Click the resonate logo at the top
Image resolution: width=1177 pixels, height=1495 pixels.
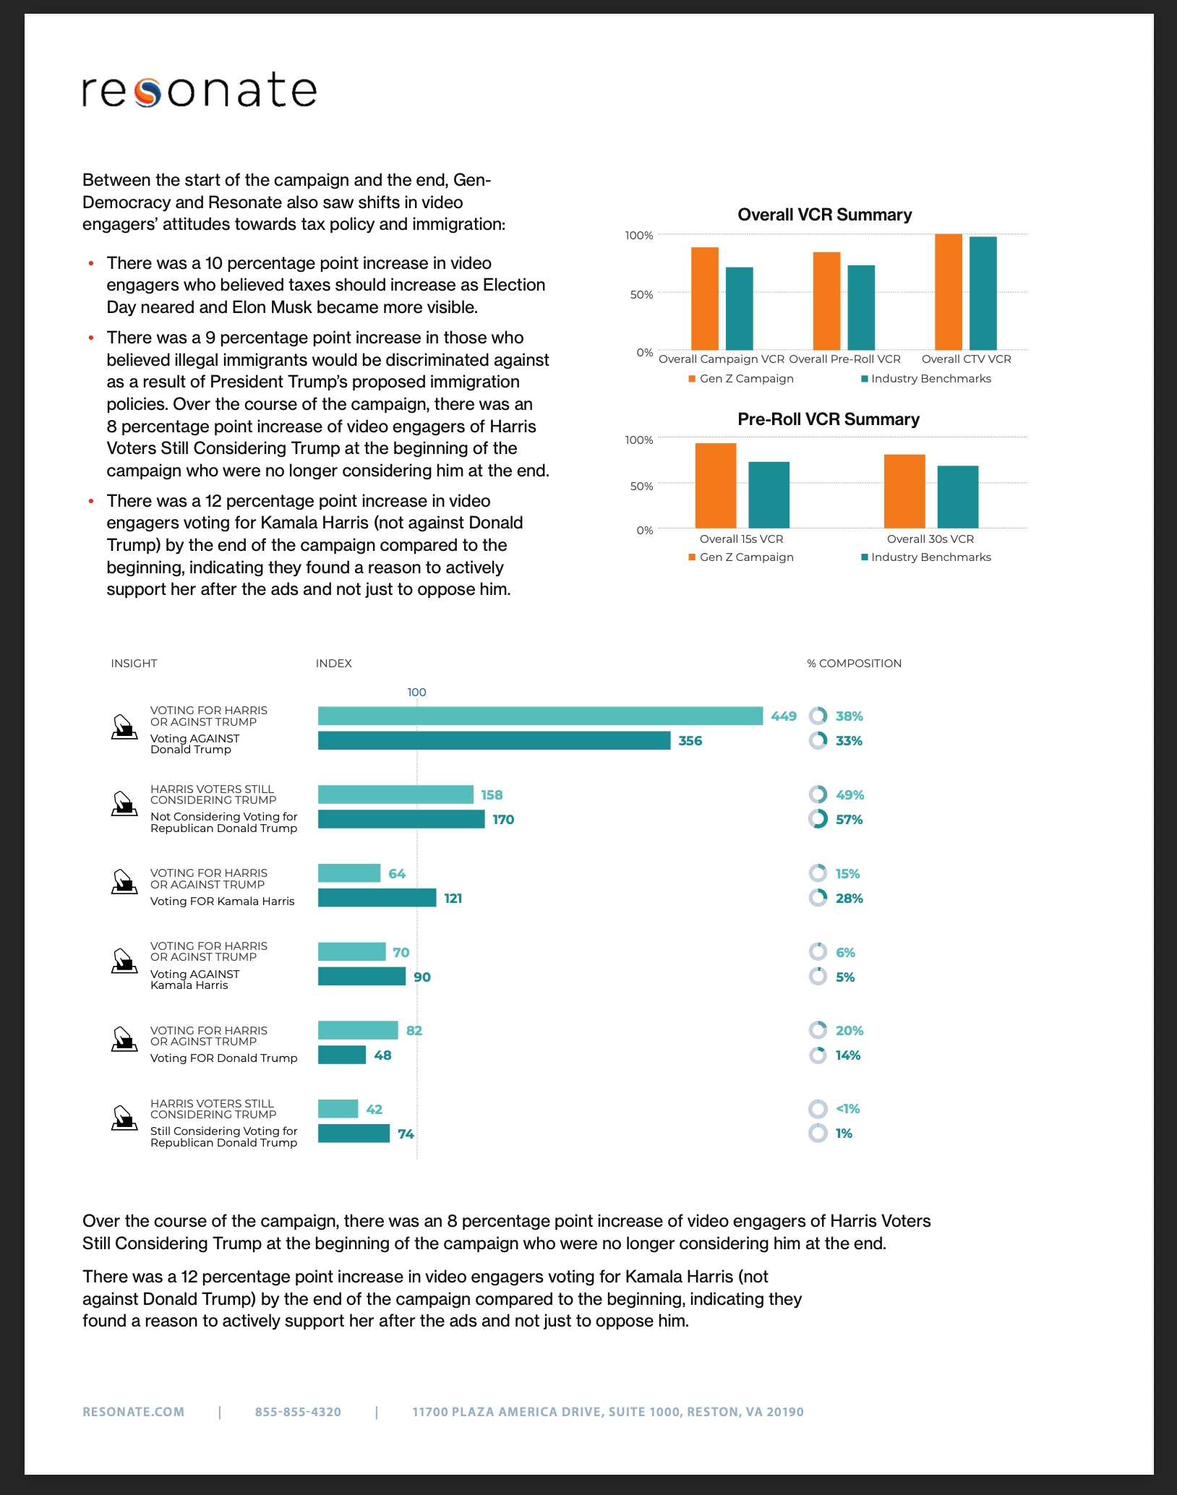[x=200, y=90]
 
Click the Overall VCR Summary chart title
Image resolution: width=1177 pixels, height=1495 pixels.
[x=824, y=215]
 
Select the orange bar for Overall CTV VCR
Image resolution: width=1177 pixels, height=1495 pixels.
[x=948, y=292]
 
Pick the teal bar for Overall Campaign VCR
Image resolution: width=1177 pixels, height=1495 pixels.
[x=739, y=309]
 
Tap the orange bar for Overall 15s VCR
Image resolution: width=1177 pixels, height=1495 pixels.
[x=715, y=485]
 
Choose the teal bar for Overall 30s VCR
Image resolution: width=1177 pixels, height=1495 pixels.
[x=957, y=497]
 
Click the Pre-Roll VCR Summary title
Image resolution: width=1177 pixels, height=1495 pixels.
[x=828, y=419]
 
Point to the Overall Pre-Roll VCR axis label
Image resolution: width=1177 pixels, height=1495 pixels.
[x=844, y=359]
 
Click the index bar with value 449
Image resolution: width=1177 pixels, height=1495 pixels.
[x=540, y=716]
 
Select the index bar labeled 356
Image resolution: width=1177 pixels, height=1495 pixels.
[x=494, y=740]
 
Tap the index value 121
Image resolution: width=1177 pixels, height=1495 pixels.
[x=453, y=899]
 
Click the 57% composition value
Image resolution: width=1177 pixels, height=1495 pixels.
[x=849, y=820]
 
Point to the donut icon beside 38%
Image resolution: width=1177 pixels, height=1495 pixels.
[x=818, y=716]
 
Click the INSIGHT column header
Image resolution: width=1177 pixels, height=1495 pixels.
[x=134, y=664]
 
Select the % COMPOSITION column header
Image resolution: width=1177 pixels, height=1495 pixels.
[x=854, y=664]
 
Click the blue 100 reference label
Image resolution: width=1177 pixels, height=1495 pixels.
[x=416, y=693]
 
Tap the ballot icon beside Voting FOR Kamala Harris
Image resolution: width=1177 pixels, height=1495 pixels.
[x=124, y=882]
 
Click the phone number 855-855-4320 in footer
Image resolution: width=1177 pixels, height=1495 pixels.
[x=298, y=1412]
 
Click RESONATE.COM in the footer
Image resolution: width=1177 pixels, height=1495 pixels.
[x=134, y=1412]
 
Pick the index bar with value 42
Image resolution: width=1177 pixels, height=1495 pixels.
[x=338, y=1108]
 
